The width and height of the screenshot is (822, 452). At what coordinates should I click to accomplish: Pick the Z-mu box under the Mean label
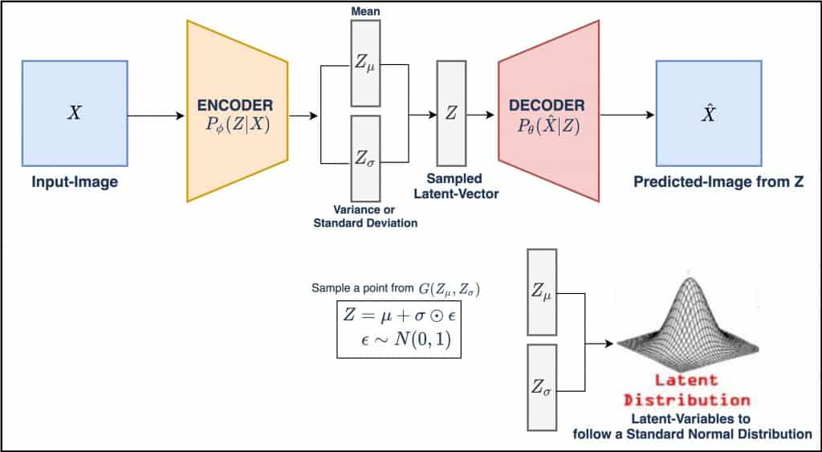tap(365, 63)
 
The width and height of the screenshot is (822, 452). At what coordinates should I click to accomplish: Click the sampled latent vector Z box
tap(451, 113)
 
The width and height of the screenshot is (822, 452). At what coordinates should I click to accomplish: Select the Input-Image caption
tap(75, 182)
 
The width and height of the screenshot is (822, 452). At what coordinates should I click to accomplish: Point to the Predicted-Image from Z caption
tap(719, 182)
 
